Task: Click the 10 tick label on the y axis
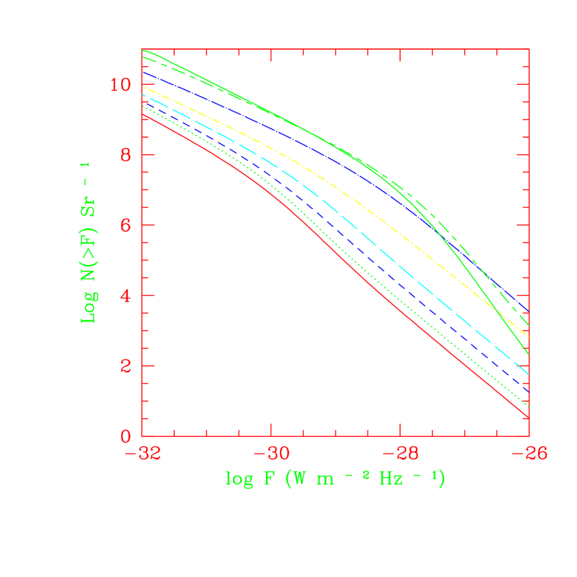coord(122,85)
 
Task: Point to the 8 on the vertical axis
coord(128,155)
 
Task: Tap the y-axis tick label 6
coord(128,225)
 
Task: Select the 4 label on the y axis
coord(128,296)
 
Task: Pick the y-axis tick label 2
coord(128,366)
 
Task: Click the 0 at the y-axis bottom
coord(128,436)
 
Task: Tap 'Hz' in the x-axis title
coord(391,478)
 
